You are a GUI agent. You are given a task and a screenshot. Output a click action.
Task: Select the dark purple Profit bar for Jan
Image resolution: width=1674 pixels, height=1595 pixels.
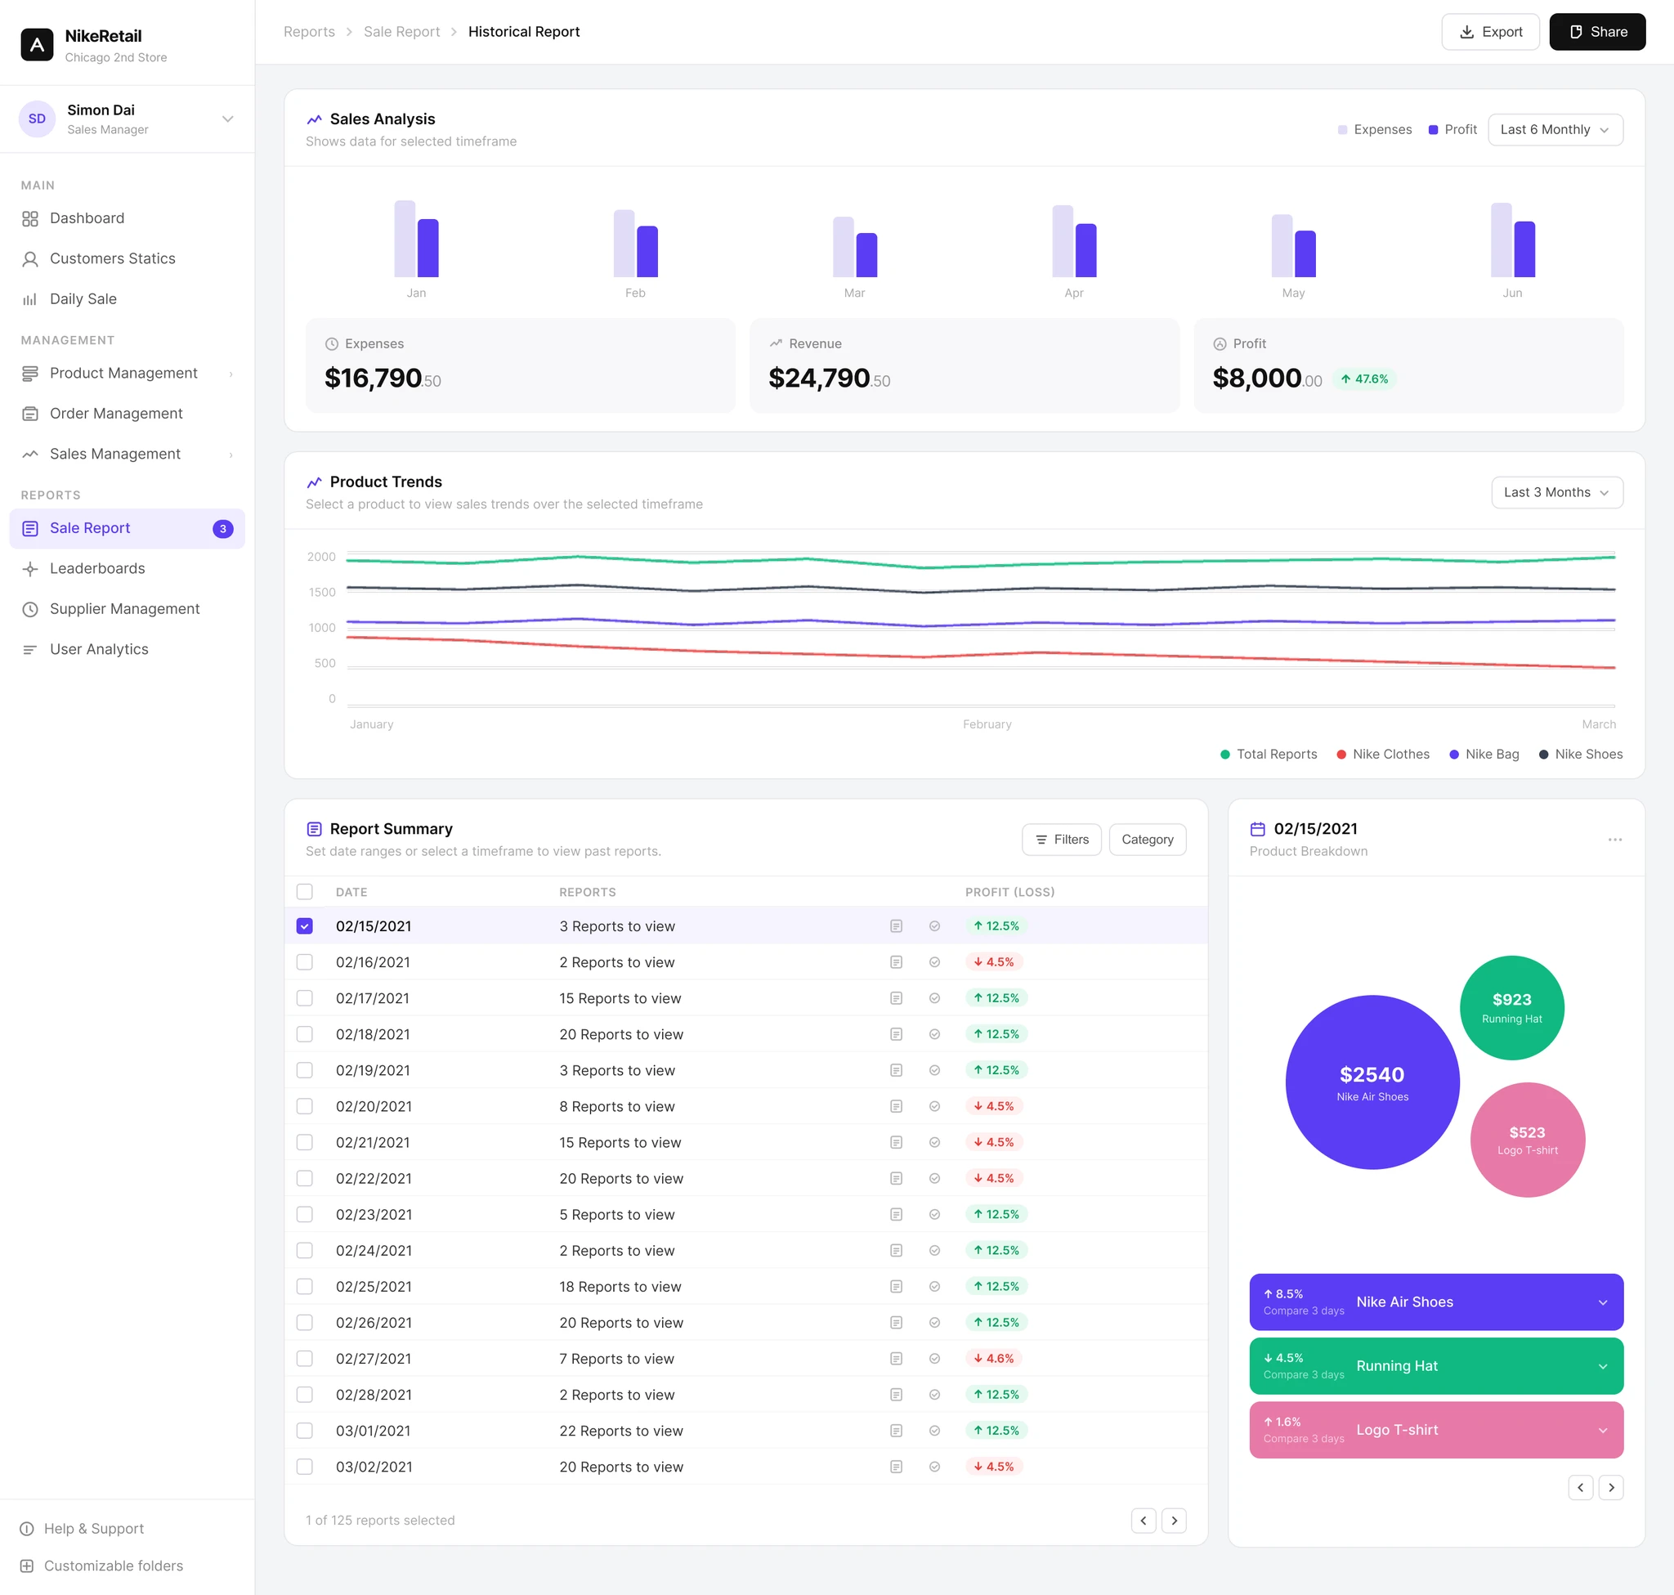click(427, 249)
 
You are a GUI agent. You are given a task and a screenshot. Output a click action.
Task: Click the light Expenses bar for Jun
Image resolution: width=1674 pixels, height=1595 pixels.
click(1502, 240)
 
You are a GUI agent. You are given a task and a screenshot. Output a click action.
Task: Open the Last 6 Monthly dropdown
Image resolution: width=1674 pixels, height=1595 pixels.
click(1555, 130)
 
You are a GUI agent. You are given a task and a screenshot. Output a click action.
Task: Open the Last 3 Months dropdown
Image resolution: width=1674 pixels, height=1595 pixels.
click(1556, 492)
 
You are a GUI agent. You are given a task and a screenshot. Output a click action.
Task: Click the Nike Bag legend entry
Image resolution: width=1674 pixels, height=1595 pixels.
click(1484, 754)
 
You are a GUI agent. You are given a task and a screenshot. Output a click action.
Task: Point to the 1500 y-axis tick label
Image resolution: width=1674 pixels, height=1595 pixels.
click(321, 593)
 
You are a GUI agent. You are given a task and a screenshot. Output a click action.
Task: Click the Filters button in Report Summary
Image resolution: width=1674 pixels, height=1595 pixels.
click(1061, 839)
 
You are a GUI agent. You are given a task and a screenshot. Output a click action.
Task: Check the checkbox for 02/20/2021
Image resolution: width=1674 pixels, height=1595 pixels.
click(304, 1106)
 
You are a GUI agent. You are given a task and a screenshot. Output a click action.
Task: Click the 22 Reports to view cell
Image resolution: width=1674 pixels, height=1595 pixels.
click(620, 1431)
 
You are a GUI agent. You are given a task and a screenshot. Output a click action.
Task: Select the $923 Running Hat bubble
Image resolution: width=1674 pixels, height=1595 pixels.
click(1511, 1007)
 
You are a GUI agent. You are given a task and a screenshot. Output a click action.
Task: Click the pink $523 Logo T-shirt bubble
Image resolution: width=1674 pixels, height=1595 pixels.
click(1527, 1140)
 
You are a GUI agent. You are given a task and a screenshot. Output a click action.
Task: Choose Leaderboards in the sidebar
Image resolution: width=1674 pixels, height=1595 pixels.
click(97, 569)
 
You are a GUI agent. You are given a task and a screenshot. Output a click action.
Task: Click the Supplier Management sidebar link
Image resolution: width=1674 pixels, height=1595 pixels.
click(124, 609)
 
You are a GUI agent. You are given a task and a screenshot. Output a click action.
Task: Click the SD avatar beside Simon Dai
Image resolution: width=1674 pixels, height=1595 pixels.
click(38, 119)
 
